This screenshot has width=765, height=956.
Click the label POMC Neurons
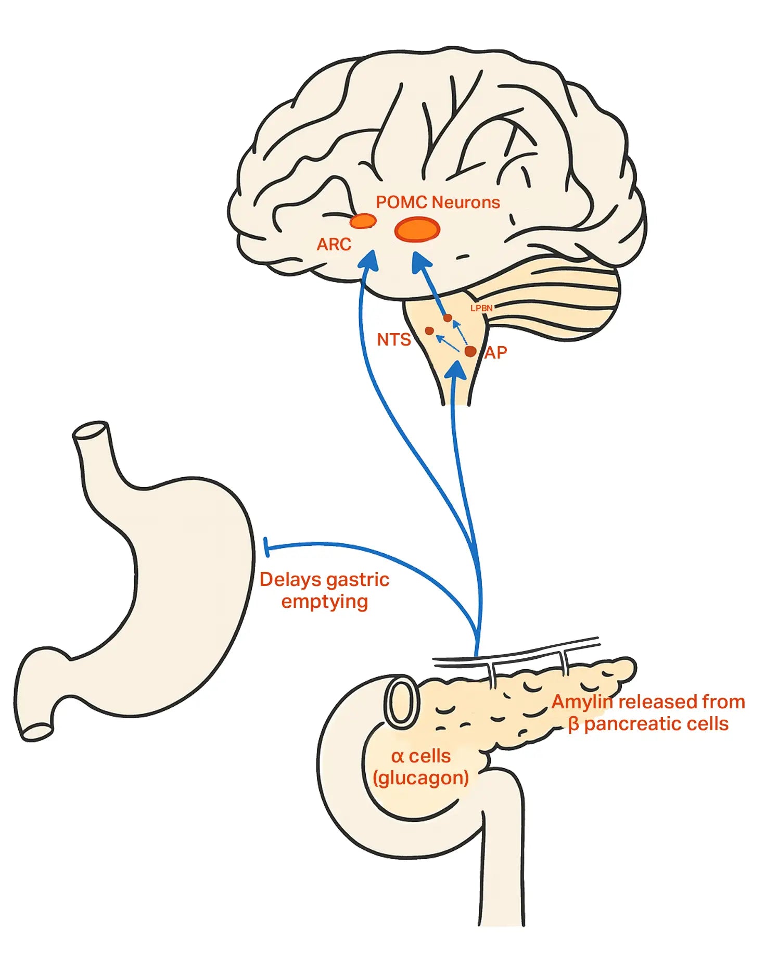point(438,202)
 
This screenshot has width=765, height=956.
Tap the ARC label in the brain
point(334,244)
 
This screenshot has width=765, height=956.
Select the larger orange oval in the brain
point(417,230)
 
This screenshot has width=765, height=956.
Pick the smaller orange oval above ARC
point(363,221)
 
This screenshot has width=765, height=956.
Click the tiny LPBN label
point(481,308)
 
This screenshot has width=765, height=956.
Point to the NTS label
point(393,340)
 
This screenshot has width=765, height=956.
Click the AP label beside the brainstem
point(495,353)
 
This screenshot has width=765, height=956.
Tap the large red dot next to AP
point(470,351)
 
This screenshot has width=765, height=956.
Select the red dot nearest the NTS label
point(429,331)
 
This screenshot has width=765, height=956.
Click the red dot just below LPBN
point(448,318)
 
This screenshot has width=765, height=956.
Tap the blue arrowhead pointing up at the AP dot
point(457,371)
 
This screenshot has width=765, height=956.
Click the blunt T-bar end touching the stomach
point(267,547)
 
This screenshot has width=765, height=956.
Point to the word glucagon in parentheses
point(422,777)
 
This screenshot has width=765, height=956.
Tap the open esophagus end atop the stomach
point(91,431)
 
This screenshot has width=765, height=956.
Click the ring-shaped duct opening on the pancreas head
point(401,700)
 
